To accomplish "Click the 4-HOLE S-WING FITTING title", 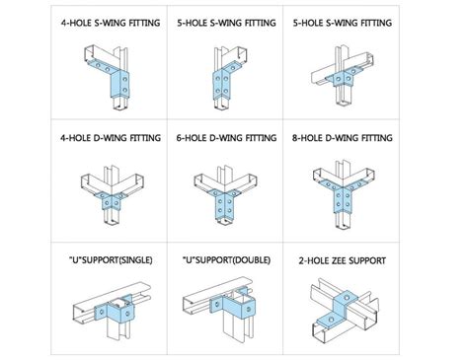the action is [x=111, y=23].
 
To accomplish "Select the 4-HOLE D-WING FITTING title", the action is [x=111, y=137].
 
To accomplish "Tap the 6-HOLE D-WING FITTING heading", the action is [x=226, y=137].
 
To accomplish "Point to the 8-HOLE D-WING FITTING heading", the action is [x=343, y=137].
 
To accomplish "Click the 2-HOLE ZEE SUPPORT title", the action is [x=343, y=260].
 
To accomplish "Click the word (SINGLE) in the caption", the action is [x=135, y=260].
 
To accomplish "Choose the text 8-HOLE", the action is [x=307, y=137].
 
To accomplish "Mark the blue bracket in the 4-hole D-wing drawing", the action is [x=111, y=200].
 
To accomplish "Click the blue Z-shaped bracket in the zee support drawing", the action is [x=337, y=309].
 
